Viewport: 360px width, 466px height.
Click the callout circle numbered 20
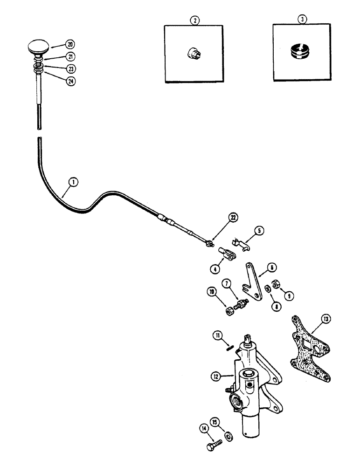point(70,45)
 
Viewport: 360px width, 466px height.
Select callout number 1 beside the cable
point(69,183)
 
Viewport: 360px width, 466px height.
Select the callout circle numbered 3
point(302,20)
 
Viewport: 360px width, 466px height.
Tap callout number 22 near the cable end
point(234,218)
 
